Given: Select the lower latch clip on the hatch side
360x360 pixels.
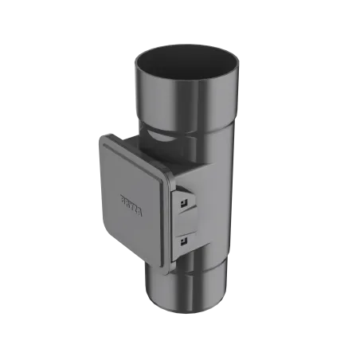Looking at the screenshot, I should [x=185, y=238].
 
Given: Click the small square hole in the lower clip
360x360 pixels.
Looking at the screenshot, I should [x=183, y=241].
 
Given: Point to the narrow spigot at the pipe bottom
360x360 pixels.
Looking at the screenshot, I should [x=183, y=291].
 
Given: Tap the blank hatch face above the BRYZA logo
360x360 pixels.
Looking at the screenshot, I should [x=131, y=171].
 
